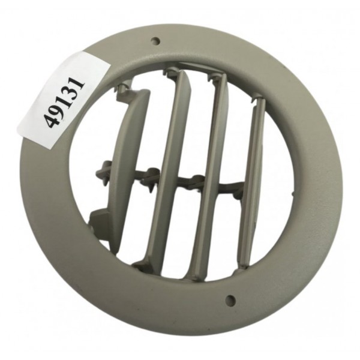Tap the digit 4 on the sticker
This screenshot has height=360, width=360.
(50, 121)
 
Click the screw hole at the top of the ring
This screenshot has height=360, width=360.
(155, 41)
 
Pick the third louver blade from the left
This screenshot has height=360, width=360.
(210, 174)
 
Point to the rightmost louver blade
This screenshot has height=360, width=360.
(251, 180)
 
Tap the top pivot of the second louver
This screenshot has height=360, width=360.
(173, 73)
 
